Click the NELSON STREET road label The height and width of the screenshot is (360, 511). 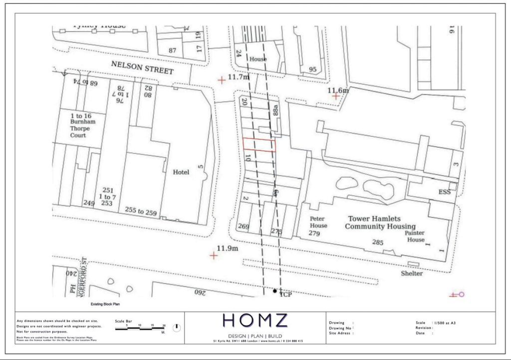[142, 67]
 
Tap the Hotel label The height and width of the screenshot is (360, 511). [181, 172]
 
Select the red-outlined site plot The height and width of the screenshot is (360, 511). [259, 144]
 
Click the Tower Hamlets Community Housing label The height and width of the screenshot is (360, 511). [381, 223]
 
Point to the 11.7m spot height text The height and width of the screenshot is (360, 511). [238, 77]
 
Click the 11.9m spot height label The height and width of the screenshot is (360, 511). [228, 249]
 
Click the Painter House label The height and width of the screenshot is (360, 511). [414, 236]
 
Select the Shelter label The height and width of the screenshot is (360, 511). [412, 274]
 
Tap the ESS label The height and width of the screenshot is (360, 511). [444, 192]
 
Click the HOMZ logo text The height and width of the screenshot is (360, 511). [255, 321]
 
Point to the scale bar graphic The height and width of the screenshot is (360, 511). [140, 328]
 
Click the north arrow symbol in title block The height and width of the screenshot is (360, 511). [176, 328]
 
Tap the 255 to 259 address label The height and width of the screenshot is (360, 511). [141, 212]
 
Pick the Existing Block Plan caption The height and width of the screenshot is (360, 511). [105, 304]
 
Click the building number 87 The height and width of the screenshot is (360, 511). [173, 50]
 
